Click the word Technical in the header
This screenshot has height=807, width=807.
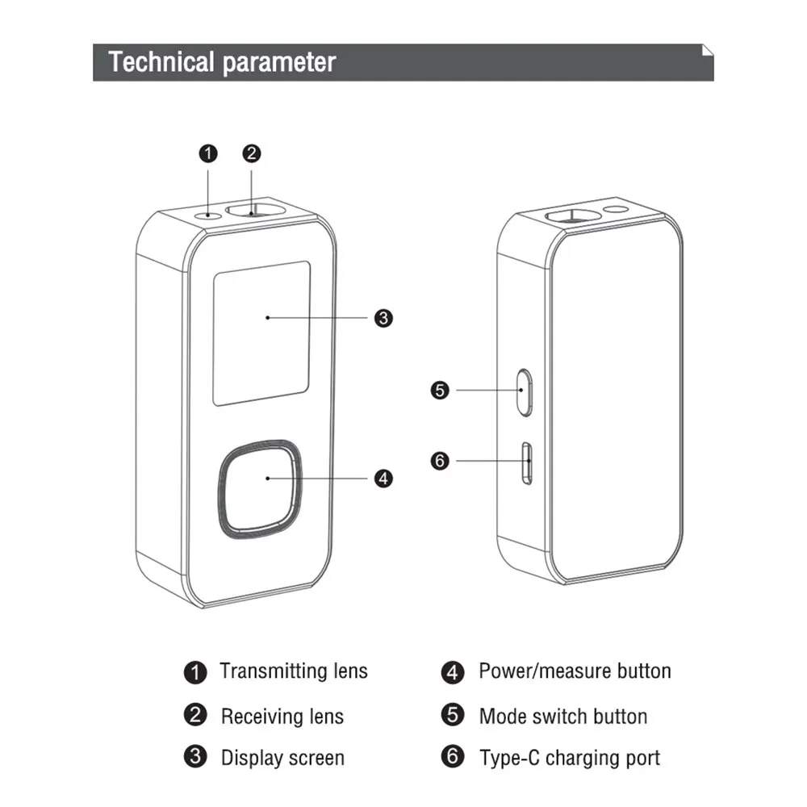click(x=161, y=62)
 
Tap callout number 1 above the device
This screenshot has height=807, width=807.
click(x=209, y=153)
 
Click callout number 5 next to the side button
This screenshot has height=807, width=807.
click(x=440, y=391)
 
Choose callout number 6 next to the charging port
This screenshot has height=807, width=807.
click(x=440, y=462)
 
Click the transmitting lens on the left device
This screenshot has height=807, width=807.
click(x=209, y=215)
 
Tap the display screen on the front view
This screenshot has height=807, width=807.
click(x=261, y=332)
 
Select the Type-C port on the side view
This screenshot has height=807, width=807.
click(x=527, y=462)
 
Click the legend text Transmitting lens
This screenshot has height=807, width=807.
click(x=294, y=671)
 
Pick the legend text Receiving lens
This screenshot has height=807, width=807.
click(x=282, y=717)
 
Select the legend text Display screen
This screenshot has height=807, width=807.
click(x=282, y=759)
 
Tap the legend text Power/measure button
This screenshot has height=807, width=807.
click(x=575, y=671)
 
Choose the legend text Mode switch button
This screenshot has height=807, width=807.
click(x=562, y=717)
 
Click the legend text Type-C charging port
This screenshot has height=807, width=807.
click(x=569, y=759)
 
